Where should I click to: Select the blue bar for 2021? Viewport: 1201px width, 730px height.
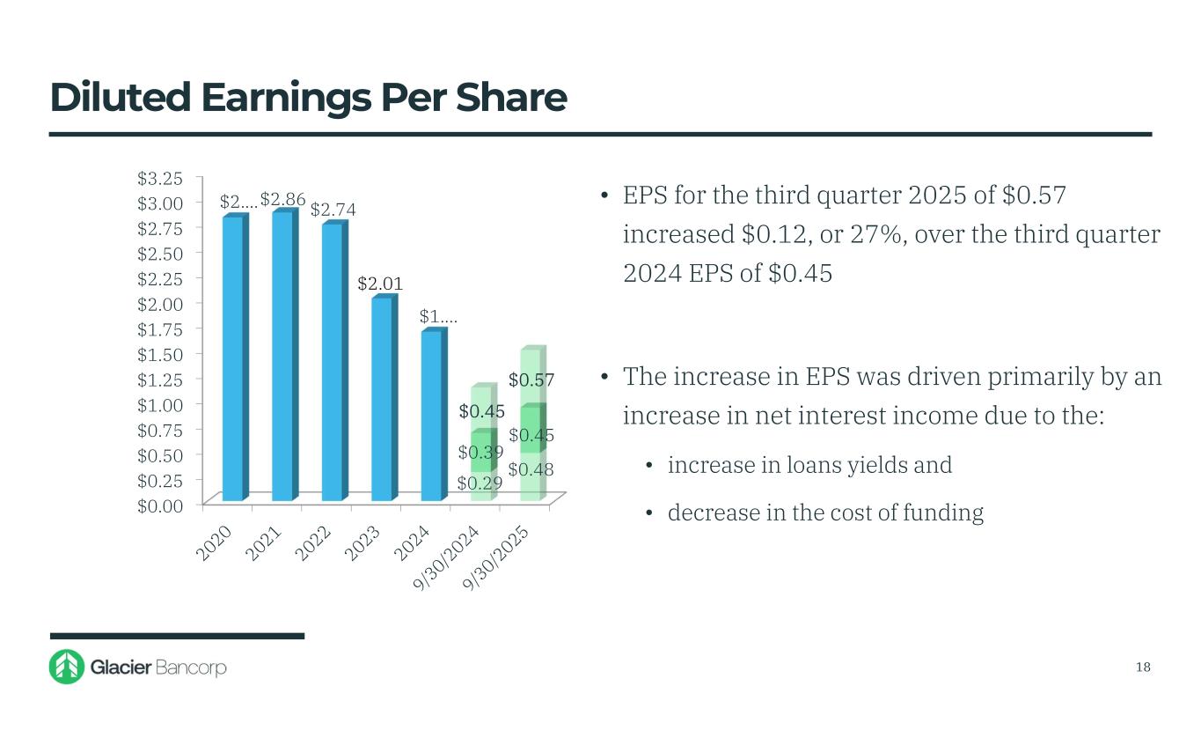[x=282, y=356]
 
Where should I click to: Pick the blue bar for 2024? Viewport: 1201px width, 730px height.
[x=431, y=416]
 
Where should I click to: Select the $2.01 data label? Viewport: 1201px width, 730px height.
[x=380, y=284]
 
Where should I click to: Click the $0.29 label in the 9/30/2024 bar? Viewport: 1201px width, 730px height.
[x=480, y=483]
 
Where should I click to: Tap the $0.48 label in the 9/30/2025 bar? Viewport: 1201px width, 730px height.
[x=531, y=469]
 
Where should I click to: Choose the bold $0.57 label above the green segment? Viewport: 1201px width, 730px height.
[x=531, y=380]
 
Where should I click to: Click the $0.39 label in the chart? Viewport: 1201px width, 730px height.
[x=480, y=453]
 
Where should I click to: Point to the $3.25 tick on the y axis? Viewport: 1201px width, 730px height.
[x=160, y=178]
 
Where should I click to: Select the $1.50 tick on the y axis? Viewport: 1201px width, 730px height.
[x=160, y=354]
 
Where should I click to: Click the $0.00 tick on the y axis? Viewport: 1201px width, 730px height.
[x=160, y=505]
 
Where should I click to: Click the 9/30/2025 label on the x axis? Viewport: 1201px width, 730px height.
[x=497, y=560]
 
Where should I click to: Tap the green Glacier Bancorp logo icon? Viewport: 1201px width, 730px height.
[x=66, y=667]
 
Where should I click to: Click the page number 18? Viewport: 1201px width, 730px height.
[x=1143, y=667]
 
